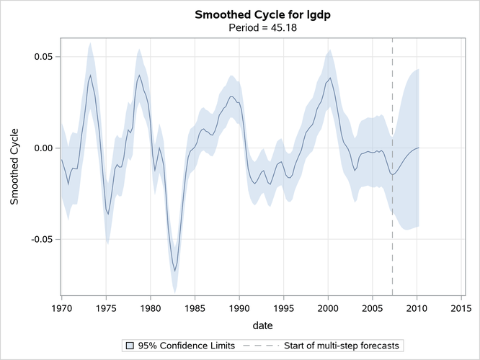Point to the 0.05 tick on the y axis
(42, 57)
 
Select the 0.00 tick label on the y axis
(42, 148)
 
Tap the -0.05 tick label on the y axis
(40, 239)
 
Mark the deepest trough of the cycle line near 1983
(175, 271)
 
